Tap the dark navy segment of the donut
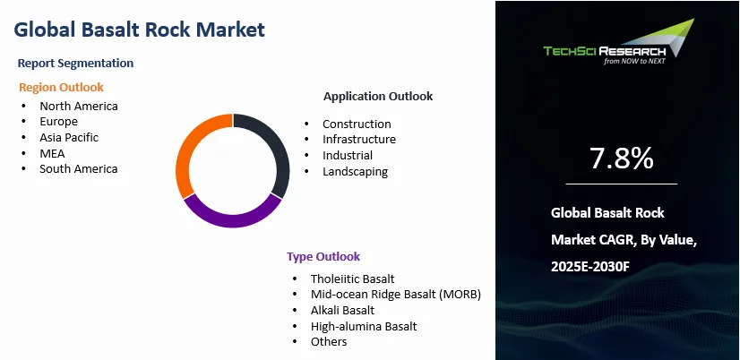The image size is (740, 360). point(281,151)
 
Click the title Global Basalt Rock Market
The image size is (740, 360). point(139,30)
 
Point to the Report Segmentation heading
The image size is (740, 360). point(75,64)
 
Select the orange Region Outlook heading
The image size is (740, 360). point(61,87)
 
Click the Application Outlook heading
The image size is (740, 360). point(378,96)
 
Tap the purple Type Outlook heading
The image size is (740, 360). point(323,257)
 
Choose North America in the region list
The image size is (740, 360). point(79,107)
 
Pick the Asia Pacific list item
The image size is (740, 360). point(69,137)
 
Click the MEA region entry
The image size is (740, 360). point(52,153)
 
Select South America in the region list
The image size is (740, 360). point(79,169)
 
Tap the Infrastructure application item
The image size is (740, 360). point(359,139)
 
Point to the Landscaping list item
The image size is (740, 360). point(356,171)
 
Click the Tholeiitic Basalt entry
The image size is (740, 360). point(353,279)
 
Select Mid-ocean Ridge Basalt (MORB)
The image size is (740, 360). point(396,295)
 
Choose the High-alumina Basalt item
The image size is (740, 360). point(364,326)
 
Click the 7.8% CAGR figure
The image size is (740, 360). point(622,159)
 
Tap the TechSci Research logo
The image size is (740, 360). point(619,42)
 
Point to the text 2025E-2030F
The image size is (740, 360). point(590,267)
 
